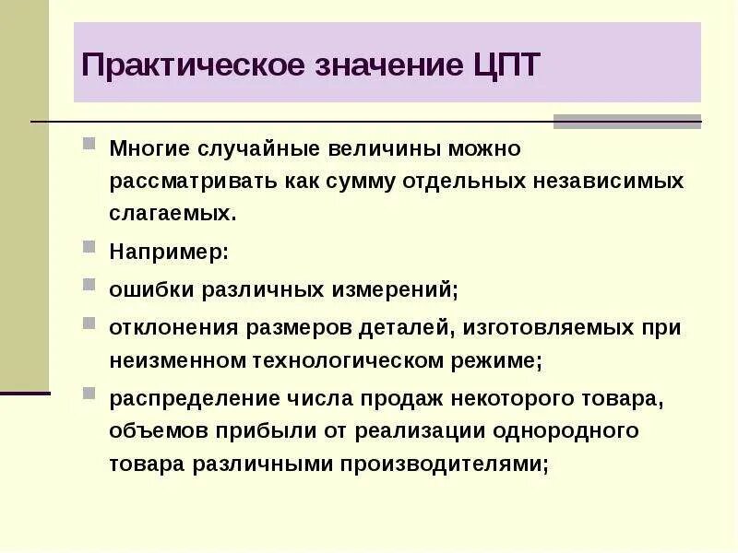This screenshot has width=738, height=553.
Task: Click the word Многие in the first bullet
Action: (x=151, y=147)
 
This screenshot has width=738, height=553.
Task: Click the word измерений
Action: (x=397, y=289)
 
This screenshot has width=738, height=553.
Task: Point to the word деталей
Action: (x=410, y=327)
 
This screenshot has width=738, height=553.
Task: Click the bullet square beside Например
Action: (x=89, y=247)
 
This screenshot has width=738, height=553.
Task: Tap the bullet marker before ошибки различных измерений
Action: (x=89, y=285)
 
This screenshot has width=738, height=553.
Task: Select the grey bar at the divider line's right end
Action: (x=627, y=122)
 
